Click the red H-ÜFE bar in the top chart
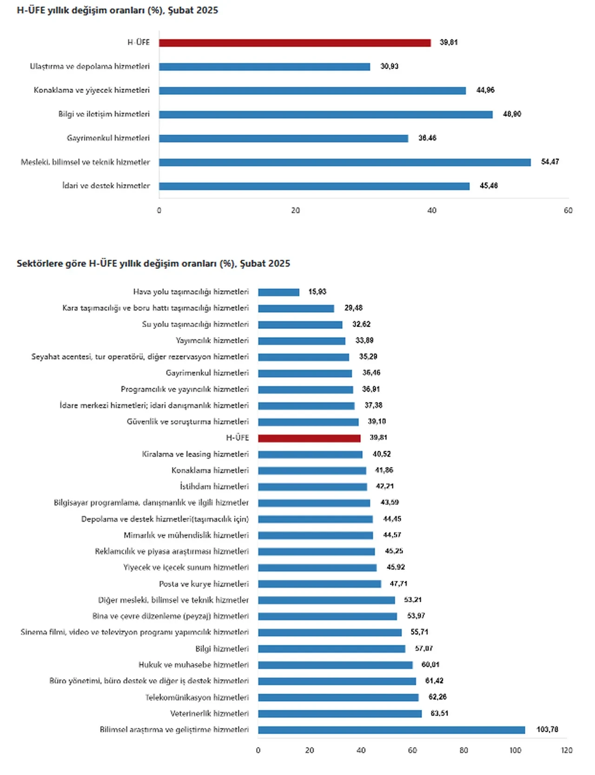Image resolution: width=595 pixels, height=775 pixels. click(x=295, y=43)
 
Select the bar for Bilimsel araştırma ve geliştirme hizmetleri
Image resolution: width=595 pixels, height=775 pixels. click(x=391, y=730)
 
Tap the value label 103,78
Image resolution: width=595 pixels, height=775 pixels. click(x=547, y=729)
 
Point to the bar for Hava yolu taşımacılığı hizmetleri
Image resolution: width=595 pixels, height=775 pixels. click(x=279, y=292)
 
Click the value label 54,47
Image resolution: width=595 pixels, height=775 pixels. click(x=550, y=162)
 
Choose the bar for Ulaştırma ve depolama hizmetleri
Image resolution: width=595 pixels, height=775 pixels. click(x=264, y=67)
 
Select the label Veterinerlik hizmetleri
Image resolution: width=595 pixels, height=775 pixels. click(x=209, y=713)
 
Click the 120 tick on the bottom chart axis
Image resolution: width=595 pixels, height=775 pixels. click(x=567, y=750)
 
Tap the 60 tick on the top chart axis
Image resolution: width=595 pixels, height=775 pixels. click(x=568, y=210)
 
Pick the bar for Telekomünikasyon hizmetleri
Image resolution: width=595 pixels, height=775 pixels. click(x=338, y=697)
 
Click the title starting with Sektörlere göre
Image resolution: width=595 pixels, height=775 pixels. click(x=153, y=263)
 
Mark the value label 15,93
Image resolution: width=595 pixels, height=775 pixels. click(x=317, y=292)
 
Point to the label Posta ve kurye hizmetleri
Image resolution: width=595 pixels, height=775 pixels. click(x=204, y=584)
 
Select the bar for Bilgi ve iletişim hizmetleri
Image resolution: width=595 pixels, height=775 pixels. click(x=325, y=115)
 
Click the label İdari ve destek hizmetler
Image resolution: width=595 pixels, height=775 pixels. click(x=106, y=186)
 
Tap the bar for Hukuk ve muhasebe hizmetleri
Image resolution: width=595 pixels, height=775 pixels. click(x=335, y=665)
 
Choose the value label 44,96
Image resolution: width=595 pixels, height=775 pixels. click(x=485, y=90)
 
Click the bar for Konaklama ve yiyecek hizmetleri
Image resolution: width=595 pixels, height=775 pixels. click(x=312, y=91)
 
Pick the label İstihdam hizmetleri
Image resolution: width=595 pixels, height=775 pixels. click(x=214, y=486)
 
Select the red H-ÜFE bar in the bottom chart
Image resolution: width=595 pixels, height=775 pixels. click(x=309, y=438)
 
